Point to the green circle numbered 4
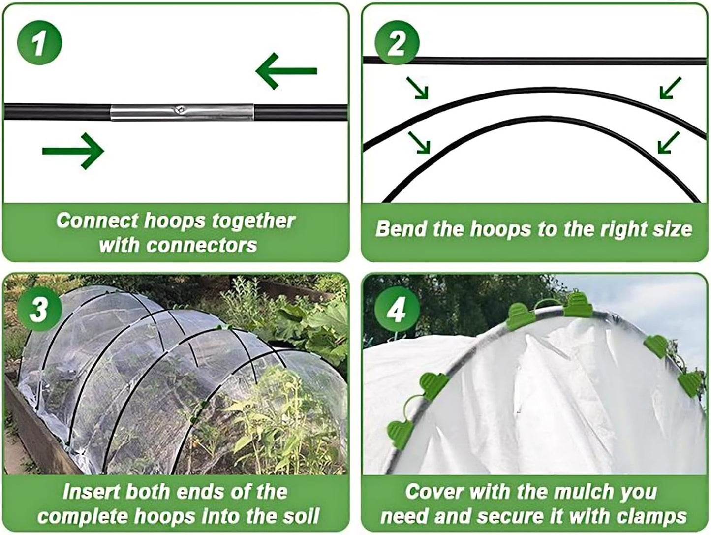(397, 311)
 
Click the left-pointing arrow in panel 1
(286, 71)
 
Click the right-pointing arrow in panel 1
(73, 151)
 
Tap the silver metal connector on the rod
(182, 113)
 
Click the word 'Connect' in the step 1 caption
(97, 220)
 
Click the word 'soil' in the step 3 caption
(300, 516)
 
